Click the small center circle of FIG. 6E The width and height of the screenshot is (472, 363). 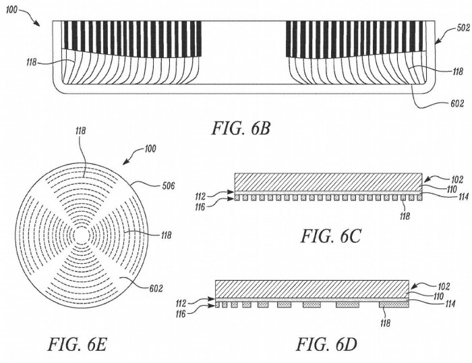[80, 233]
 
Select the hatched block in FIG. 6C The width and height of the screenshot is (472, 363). [328, 181]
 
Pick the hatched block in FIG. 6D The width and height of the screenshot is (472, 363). [311, 288]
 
